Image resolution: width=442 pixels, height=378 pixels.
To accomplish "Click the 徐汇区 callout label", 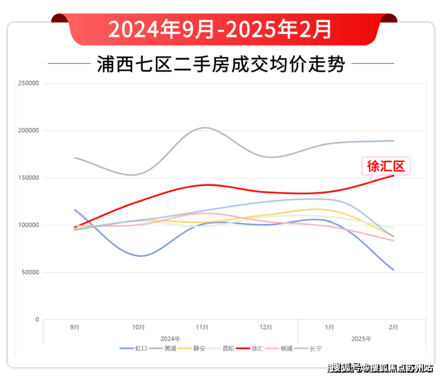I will pos(386,166).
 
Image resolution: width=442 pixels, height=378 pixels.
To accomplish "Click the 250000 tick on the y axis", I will pos(29,83).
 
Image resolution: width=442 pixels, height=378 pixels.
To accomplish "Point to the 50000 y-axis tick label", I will pos(29,272).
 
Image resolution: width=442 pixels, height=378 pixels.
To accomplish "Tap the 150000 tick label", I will pos(29,178).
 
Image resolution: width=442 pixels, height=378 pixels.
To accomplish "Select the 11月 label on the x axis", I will pos(202,327).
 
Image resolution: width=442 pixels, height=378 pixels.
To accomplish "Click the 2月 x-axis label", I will pos(394,327).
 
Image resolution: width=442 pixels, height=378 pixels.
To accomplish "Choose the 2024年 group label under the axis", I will pos(170,339).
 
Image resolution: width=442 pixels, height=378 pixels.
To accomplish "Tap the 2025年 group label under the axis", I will pos(361,339).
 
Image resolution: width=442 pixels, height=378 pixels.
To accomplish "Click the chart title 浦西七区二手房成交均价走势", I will pos(220,64).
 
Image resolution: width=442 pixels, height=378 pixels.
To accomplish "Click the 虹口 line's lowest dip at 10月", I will pos(140,256).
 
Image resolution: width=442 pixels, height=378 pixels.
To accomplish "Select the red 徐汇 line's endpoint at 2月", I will pos(394,175).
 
